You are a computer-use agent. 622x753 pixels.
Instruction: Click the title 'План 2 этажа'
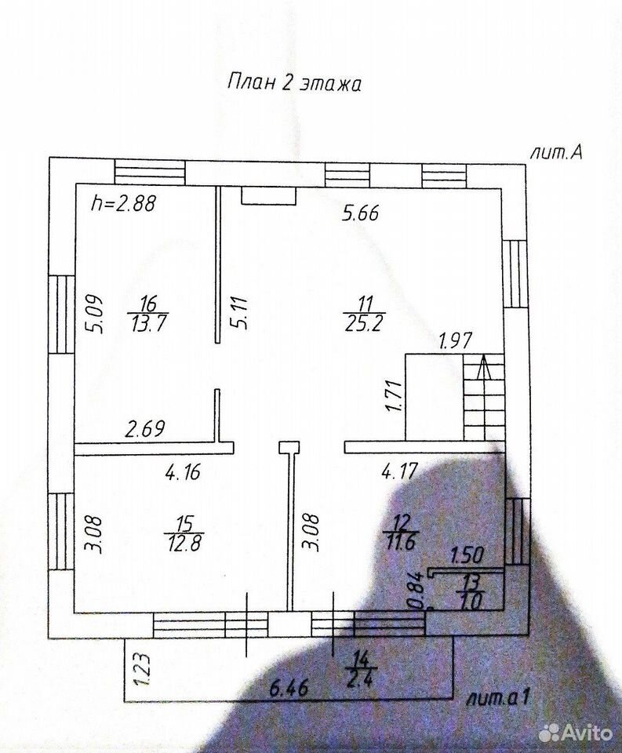pyautogui.click(x=294, y=82)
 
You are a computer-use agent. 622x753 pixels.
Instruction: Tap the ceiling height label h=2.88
pyautogui.click(x=123, y=204)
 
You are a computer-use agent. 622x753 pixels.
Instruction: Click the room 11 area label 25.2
pyautogui.click(x=365, y=324)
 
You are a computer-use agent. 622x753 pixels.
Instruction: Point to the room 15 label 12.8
pyautogui.click(x=184, y=543)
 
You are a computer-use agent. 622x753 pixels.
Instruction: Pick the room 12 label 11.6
pyautogui.click(x=402, y=542)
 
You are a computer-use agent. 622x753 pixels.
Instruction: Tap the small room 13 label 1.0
pyautogui.click(x=470, y=601)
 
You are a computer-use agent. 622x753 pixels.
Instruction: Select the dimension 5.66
pyautogui.click(x=360, y=213)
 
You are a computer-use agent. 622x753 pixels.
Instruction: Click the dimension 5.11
pyautogui.click(x=239, y=312)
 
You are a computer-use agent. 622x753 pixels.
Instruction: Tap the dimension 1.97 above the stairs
pyautogui.click(x=456, y=340)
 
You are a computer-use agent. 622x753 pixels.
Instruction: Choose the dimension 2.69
pyautogui.click(x=145, y=428)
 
